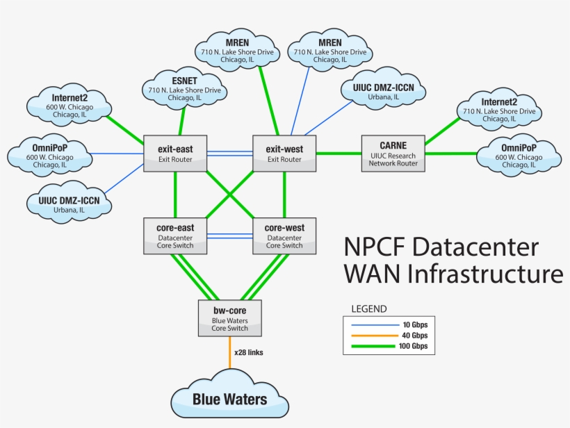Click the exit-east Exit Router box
(x=175, y=154)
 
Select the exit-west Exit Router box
(x=284, y=154)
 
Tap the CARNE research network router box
(x=392, y=153)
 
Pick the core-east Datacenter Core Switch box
(x=175, y=236)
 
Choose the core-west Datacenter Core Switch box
(x=284, y=236)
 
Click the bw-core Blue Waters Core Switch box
(x=229, y=316)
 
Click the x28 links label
(x=249, y=352)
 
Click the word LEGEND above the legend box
(x=369, y=308)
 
